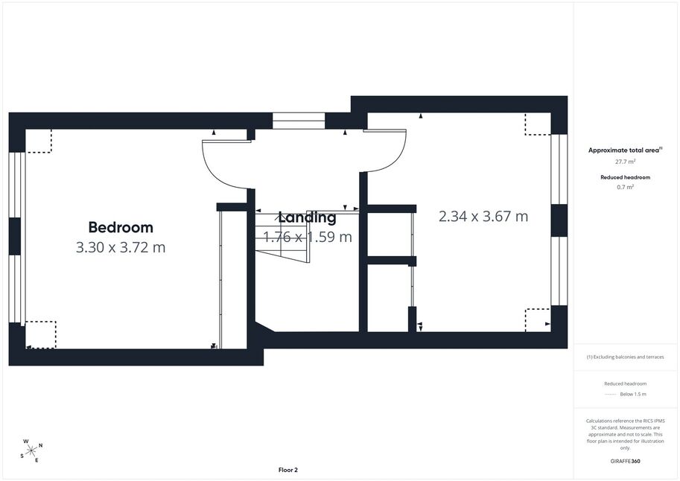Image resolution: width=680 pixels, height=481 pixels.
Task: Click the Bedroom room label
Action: coord(121,227)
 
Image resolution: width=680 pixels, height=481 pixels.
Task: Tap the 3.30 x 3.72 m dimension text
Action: coord(121,247)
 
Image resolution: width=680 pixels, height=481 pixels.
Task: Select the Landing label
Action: coord(307,217)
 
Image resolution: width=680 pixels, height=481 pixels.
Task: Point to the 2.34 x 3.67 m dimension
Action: coord(483,216)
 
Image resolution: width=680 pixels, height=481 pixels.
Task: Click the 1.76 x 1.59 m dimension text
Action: coord(308,237)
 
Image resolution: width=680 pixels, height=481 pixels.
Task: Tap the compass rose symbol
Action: coord(31,451)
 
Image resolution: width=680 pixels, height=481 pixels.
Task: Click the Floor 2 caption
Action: coord(288,470)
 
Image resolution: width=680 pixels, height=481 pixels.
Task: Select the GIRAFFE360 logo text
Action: coord(625,461)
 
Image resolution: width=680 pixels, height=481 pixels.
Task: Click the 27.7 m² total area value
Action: coord(626,162)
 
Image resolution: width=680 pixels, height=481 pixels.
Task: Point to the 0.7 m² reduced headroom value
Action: coord(626,187)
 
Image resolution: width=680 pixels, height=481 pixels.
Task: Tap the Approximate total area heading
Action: coord(626,150)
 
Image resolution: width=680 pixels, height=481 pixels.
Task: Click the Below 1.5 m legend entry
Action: coord(633,394)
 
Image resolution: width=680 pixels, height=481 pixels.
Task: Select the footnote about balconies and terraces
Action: coord(626,357)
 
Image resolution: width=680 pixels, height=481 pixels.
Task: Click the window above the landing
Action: coord(299,121)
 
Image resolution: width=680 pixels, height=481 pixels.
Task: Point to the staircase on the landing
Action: coord(282,237)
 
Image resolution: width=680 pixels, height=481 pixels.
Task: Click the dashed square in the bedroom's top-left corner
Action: coord(39,141)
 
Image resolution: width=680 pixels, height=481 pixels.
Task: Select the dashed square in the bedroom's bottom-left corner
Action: coord(41,335)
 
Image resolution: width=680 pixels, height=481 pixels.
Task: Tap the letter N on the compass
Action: coord(41,445)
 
